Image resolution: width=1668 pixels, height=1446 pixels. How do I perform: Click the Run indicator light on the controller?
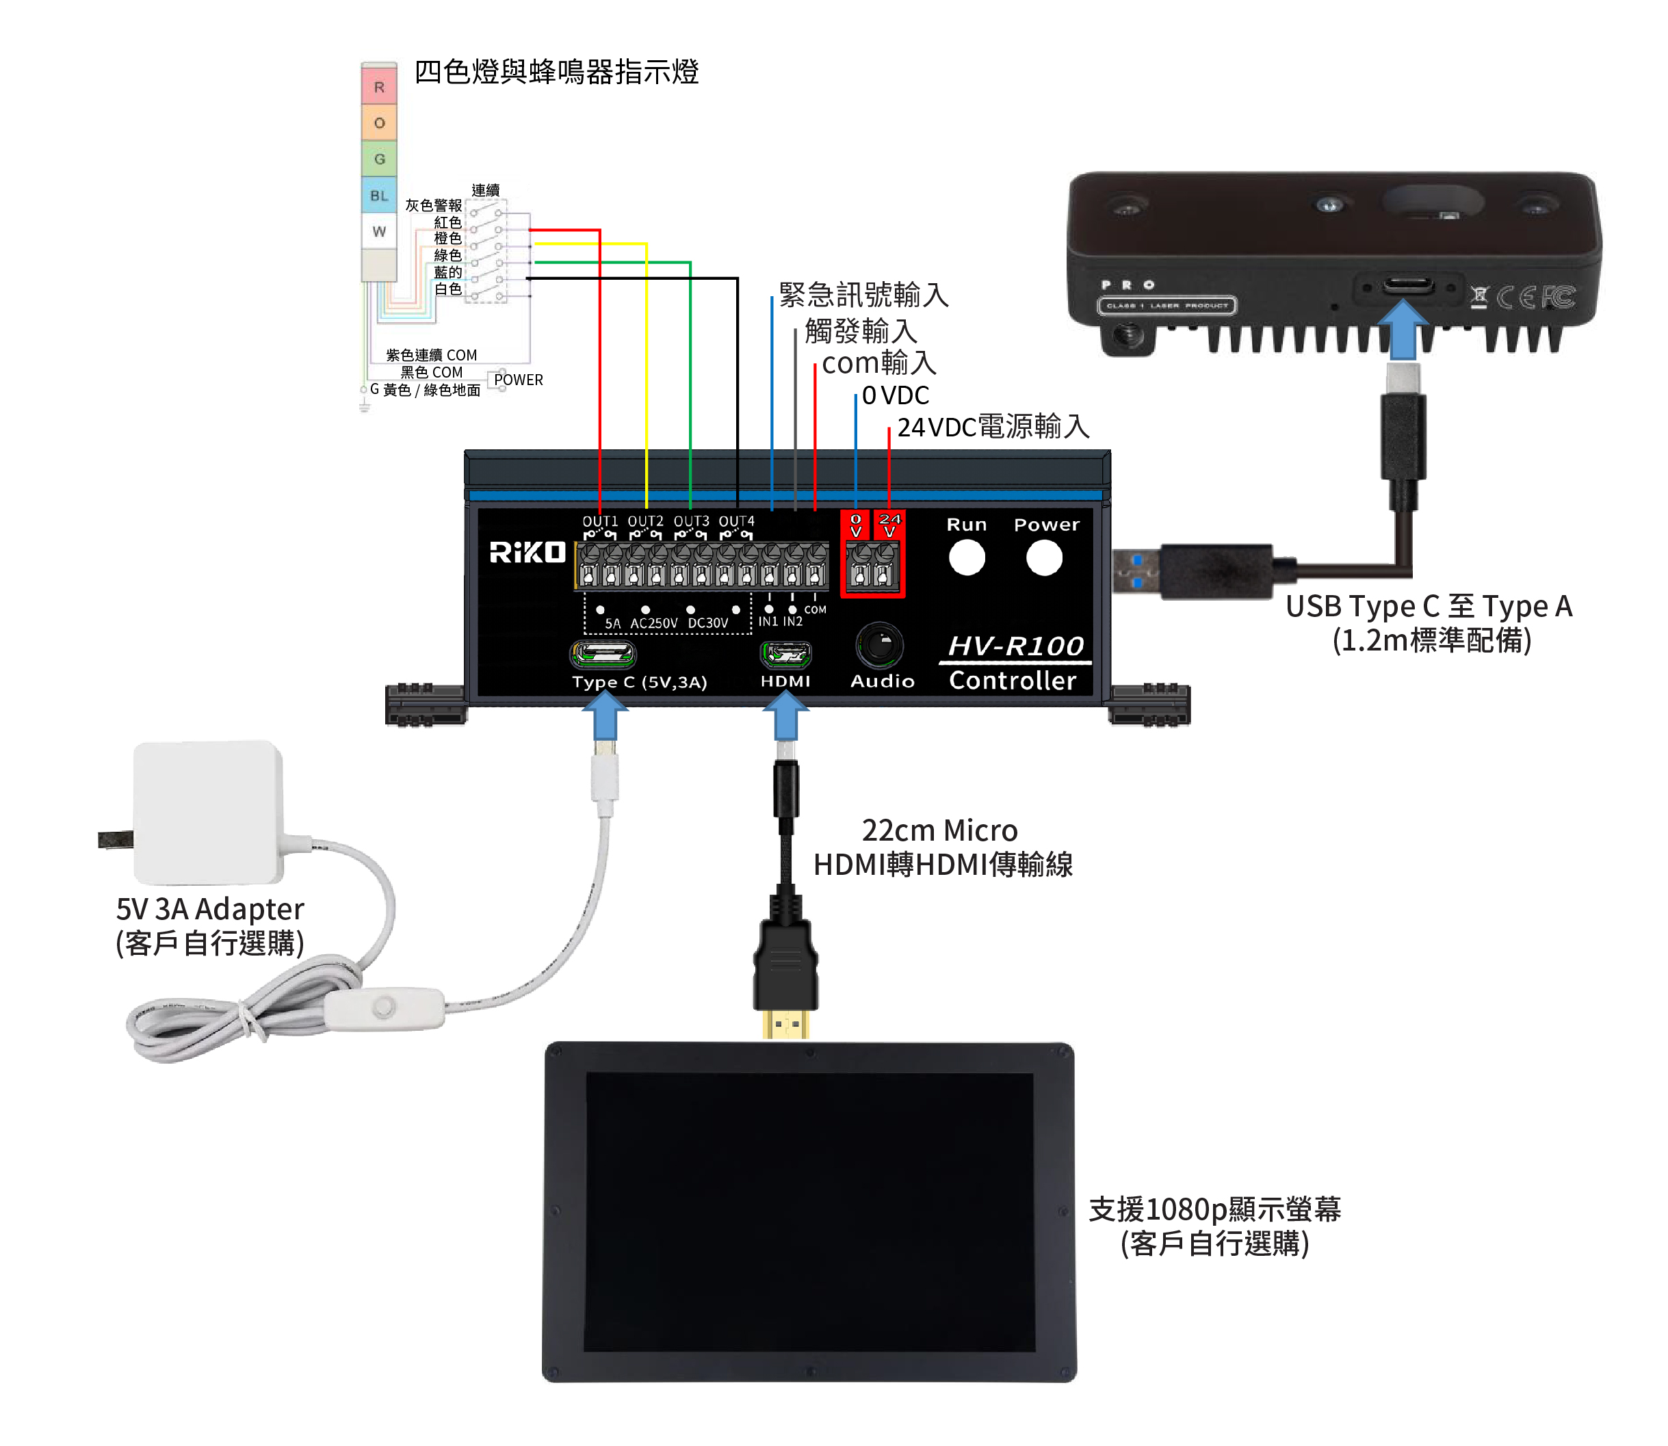[x=966, y=557]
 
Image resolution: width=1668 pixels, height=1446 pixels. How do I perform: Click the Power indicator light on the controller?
[x=1043, y=557]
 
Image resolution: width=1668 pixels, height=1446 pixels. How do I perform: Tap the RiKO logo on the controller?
[x=527, y=553]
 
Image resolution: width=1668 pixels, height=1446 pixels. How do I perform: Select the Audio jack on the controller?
[x=880, y=645]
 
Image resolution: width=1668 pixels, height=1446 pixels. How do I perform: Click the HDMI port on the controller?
[x=785, y=654]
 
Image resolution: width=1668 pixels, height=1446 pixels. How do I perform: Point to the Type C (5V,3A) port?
[x=603, y=655]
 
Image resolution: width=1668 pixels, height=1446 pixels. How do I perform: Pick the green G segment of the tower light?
[x=378, y=159]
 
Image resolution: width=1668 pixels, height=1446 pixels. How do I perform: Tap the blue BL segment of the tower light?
[x=378, y=195]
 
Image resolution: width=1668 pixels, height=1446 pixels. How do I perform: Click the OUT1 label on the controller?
[x=599, y=522]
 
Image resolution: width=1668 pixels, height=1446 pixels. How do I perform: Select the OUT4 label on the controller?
[x=736, y=522]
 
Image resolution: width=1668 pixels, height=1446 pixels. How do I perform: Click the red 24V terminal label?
[x=889, y=525]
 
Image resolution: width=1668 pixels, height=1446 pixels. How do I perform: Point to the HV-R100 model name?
[x=1015, y=646]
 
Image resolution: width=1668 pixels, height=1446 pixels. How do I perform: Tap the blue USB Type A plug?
[x=1136, y=570]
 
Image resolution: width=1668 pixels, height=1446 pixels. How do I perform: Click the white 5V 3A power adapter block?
[x=208, y=812]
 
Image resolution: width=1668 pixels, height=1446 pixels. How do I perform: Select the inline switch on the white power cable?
[x=384, y=1008]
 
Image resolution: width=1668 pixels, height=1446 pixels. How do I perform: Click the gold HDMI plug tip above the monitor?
[x=785, y=1025]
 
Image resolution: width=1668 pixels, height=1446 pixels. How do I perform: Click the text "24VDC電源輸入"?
[x=993, y=427]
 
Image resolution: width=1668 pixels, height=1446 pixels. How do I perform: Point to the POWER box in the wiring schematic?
[x=517, y=379]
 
